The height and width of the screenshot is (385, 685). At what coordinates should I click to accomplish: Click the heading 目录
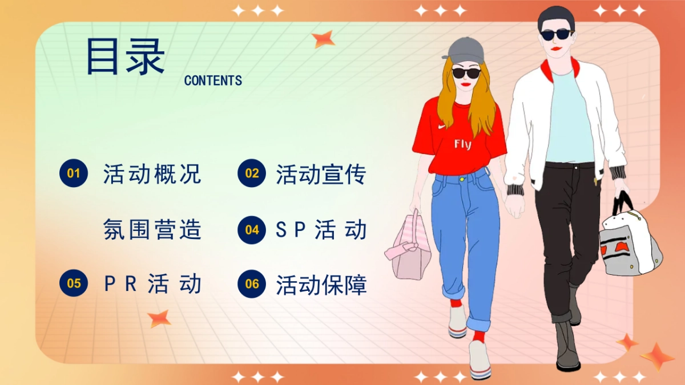[125, 56]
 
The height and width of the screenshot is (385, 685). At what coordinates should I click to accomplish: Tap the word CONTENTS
[213, 81]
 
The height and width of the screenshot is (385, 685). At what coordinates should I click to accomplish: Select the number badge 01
[74, 173]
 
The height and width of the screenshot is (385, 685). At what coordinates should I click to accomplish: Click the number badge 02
[252, 173]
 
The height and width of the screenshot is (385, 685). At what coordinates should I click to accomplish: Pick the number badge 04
[252, 230]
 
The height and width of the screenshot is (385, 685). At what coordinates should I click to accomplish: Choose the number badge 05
[74, 283]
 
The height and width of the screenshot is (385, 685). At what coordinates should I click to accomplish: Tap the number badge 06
[252, 283]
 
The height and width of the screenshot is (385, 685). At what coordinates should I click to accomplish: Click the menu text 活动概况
[152, 173]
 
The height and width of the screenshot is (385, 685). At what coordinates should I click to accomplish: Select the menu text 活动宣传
[321, 174]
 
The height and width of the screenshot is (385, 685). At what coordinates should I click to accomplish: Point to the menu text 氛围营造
[152, 230]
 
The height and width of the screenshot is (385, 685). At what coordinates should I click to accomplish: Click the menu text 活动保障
[321, 285]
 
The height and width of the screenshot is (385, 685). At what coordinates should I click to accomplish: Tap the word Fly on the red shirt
[462, 144]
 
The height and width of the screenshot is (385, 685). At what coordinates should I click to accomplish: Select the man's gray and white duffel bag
[629, 242]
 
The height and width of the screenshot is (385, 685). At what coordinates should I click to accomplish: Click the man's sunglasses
[557, 35]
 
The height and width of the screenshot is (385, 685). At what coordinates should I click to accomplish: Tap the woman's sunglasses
[466, 73]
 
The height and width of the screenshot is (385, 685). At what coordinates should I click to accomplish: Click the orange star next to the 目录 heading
[323, 39]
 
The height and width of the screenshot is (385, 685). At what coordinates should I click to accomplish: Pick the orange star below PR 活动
[159, 318]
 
